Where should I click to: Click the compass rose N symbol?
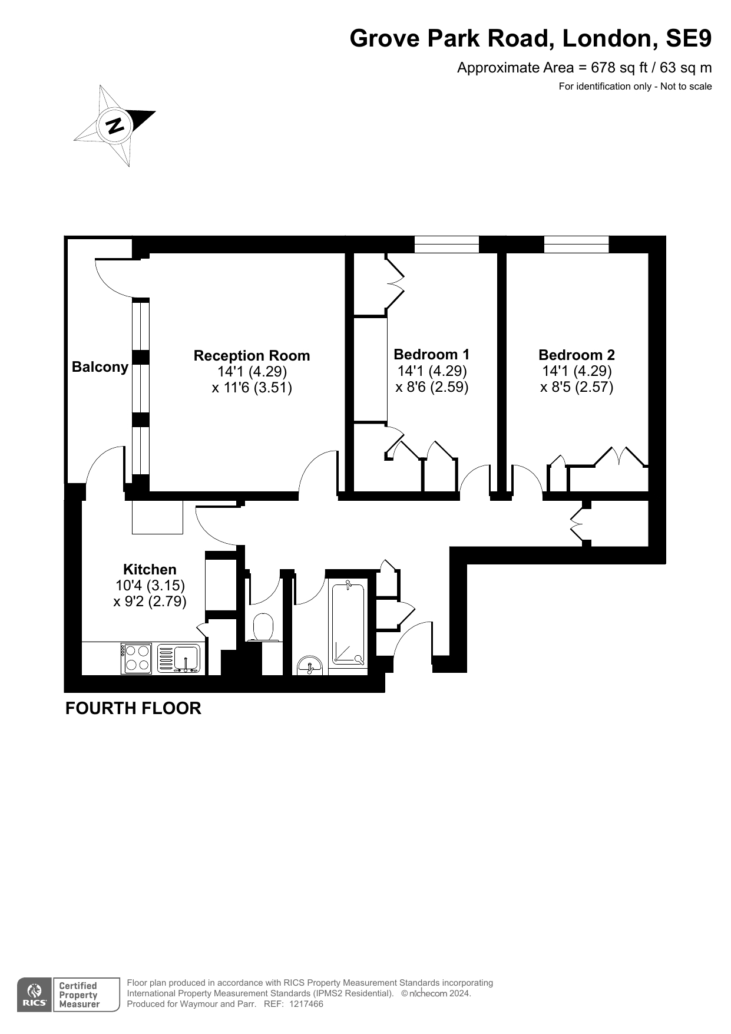(115, 125)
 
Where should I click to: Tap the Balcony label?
(100, 367)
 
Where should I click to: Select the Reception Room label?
(252, 356)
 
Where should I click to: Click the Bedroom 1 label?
(432, 355)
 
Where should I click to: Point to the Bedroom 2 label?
(577, 355)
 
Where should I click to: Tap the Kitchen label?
(150, 570)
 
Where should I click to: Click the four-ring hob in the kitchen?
(137, 658)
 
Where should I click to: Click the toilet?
(263, 627)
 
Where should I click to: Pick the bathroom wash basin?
(310, 665)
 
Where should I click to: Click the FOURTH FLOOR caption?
(133, 708)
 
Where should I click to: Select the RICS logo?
(34, 995)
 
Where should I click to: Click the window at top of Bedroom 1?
(446, 245)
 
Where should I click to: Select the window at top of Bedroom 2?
(576, 245)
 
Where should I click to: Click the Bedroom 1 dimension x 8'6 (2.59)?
(432, 387)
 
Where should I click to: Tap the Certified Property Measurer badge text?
(79, 995)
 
